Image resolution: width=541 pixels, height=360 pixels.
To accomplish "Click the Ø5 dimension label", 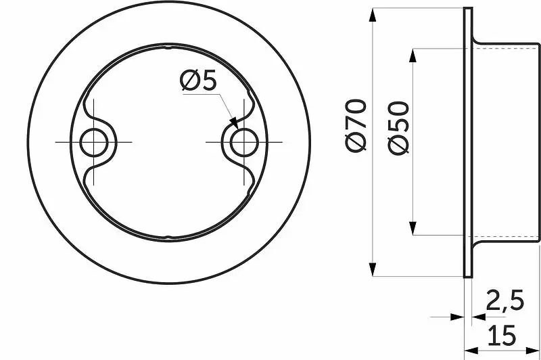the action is point(198,81).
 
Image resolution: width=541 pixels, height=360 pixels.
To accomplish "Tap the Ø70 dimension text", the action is point(356,126).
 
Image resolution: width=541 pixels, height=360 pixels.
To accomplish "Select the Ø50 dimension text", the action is point(398,128).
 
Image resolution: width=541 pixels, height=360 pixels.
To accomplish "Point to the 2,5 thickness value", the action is point(504,300).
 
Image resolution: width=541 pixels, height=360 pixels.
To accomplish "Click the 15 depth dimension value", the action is point(502,335).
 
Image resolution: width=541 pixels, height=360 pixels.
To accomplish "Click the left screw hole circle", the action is point(94,142).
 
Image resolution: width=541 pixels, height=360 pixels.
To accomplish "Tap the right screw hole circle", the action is point(244,142).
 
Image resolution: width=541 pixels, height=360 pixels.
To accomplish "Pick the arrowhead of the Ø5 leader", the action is point(234,123).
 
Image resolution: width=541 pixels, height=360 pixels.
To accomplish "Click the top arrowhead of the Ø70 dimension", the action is point(373,16).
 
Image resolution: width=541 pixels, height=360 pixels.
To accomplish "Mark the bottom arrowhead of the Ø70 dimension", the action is point(373,269).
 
